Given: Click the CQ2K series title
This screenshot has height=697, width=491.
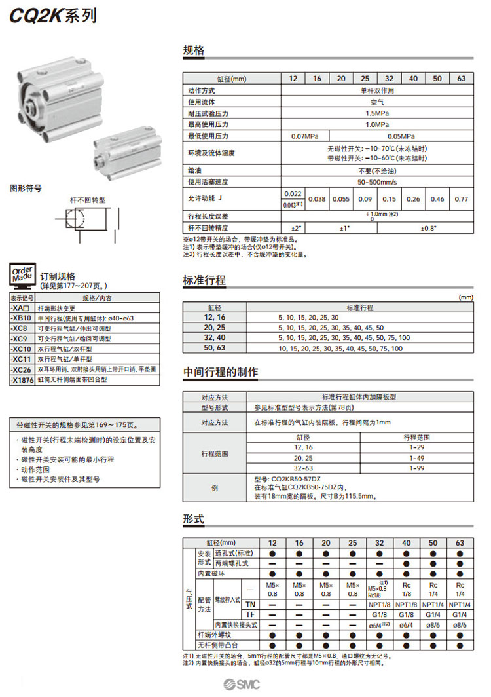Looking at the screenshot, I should (x=52, y=16).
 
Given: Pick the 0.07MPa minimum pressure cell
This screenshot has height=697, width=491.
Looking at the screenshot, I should (x=305, y=136).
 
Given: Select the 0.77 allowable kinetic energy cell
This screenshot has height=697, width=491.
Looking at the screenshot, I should (x=461, y=198).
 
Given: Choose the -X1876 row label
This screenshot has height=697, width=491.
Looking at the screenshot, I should (x=22, y=379).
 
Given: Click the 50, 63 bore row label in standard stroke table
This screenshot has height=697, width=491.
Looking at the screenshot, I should (x=214, y=348).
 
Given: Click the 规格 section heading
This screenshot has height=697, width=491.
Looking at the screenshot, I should (x=194, y=50).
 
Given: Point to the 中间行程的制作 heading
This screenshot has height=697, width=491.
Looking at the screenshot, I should (x=220, y=372).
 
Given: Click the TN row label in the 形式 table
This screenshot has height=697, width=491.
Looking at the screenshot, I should (x=250, y=603).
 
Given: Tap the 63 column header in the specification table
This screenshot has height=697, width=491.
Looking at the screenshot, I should (x=461, y=79).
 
